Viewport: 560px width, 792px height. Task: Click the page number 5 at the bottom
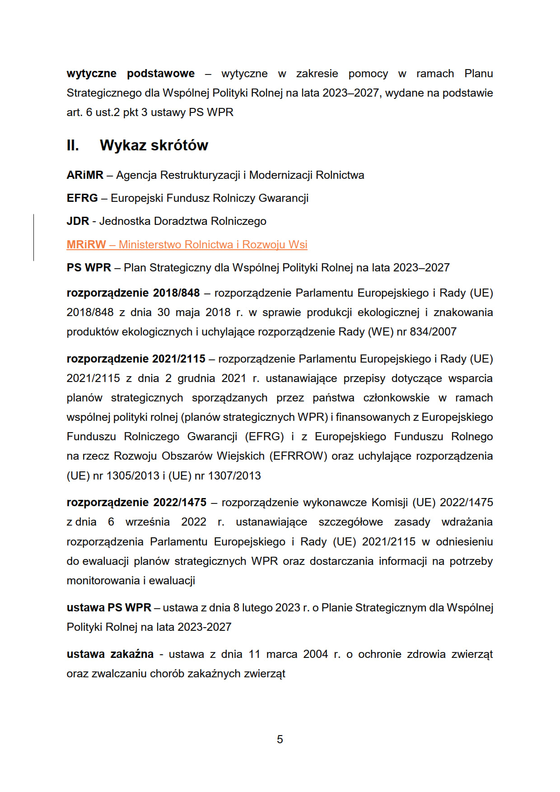pos(280,739)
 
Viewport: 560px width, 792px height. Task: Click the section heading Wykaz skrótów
pos(154,145)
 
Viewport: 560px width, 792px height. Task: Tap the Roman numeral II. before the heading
pos(73,145)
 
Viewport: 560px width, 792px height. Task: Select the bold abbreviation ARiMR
pos(85,175)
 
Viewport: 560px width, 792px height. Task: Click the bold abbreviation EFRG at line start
pos(82,198)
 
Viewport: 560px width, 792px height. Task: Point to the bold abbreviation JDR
pos(78,221)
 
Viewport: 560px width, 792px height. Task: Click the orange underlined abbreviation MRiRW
pos(86,245)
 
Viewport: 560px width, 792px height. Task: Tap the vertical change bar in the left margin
pos(34,238)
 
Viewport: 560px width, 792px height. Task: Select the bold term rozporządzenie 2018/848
pos(133,293)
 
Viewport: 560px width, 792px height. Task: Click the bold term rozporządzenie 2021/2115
pos(135,359)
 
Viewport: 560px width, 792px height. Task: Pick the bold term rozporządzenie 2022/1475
pos(136,503)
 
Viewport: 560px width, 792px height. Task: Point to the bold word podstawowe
pos(161,74)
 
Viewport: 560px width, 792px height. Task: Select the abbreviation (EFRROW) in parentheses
pos(298,456)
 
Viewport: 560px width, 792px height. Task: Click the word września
pos(148,522)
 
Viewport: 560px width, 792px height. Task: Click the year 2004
pos(315,654)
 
